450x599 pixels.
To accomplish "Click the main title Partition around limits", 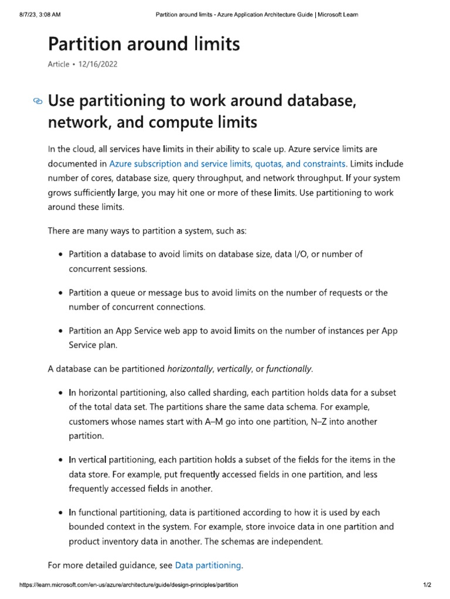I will tap(144, 44).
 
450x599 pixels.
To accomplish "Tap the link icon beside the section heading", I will tap(38, 101).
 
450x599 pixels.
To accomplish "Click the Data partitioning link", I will tap(208, 565).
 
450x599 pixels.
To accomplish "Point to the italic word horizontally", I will tap(190, 369).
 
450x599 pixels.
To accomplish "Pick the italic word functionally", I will tap(289, 369).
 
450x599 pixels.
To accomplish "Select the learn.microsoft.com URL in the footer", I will tap(129, 585).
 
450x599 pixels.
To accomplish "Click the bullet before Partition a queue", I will tap(61, 292).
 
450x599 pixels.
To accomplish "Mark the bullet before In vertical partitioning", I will tap(61, 460).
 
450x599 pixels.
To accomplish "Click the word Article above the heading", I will tap(58, 64).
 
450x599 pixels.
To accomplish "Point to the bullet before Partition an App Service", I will tap(61, 331).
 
